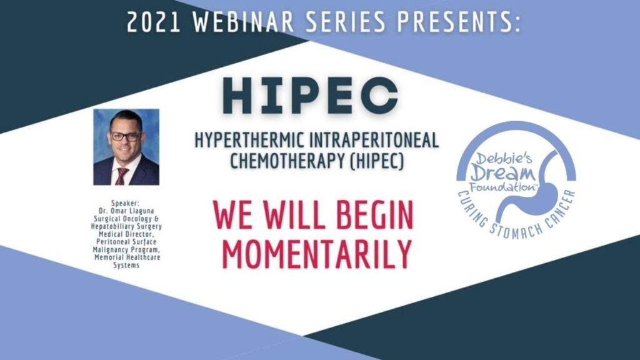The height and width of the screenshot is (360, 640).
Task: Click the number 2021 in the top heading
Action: (x=154, y=22)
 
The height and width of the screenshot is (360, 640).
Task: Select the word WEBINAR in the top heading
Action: (x=244, y=22)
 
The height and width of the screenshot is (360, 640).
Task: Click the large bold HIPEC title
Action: (x=311, y=96)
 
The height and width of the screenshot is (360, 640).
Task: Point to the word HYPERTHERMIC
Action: (x=249, y=141)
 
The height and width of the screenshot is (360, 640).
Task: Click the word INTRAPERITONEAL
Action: (x=374, y=141)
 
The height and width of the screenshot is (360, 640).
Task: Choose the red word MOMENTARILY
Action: (x=317, y=254)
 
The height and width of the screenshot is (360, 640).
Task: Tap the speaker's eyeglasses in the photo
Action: (x=125, y=136)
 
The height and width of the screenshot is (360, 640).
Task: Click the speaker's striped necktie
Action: (x=121, y=176)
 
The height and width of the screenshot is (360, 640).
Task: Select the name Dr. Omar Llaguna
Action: (x=126, y=211)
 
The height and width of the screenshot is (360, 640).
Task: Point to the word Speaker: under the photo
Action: (x=126, y=203)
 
